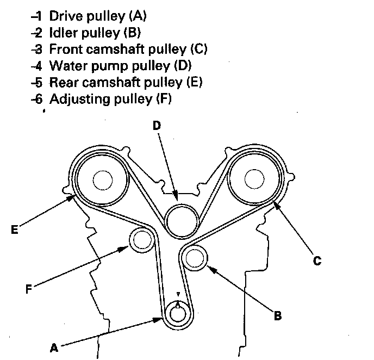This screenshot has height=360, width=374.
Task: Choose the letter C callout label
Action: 317,261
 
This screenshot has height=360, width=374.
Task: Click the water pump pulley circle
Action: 182,220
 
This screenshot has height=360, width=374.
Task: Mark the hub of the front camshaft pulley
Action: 254,179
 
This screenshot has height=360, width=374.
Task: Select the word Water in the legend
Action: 66,66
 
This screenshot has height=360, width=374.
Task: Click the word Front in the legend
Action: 64,49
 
